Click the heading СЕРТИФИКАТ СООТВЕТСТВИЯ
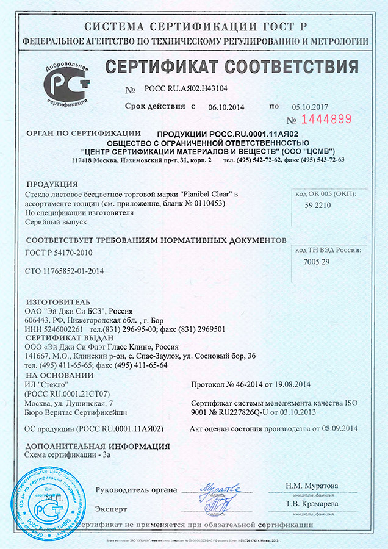click(x=232, y=66)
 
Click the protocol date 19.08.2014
click(x=290, y=384)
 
